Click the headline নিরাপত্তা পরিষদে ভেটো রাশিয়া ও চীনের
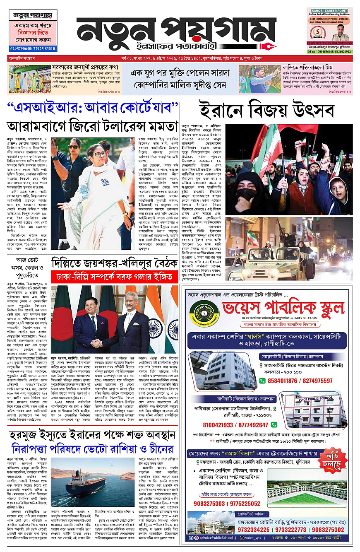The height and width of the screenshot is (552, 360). [92, 449]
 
